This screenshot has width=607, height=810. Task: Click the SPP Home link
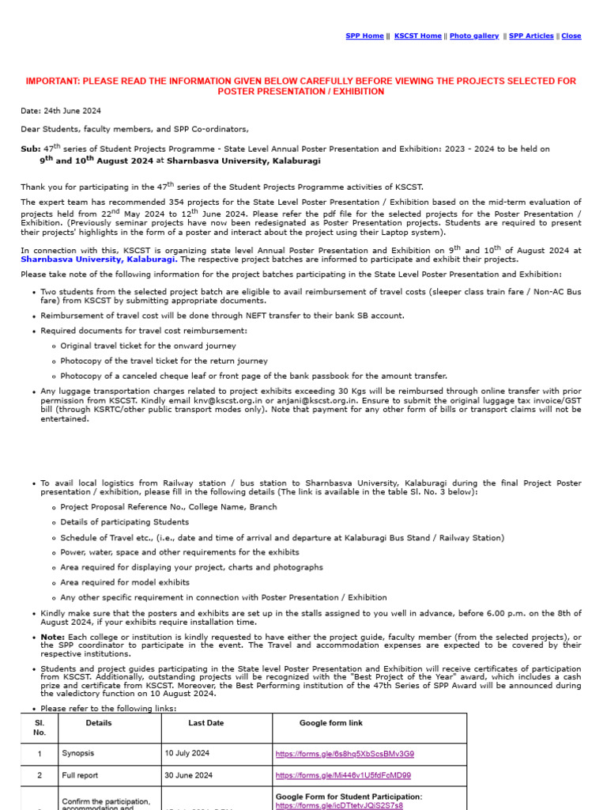(x=364, y=36)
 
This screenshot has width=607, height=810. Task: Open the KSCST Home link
(x=417, y=36)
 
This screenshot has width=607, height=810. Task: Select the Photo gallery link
(x=474, y=36)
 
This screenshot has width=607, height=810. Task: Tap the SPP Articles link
(x=531, y=36)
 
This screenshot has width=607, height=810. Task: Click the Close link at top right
(x=571, y=36)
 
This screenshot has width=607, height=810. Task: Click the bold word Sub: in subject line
(x=29, y=149)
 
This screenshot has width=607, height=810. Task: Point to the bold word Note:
(x=53, y=638)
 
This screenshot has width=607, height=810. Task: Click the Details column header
(x=99, y=723)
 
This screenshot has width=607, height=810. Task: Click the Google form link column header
(x=331, y=723)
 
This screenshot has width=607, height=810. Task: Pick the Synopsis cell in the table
(x=80, y=754)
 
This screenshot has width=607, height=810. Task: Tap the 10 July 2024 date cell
(x=187, y=754)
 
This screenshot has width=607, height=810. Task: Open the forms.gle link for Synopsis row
(x=345, y=754)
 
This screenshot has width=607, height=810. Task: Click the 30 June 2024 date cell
(x=188, y=776)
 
